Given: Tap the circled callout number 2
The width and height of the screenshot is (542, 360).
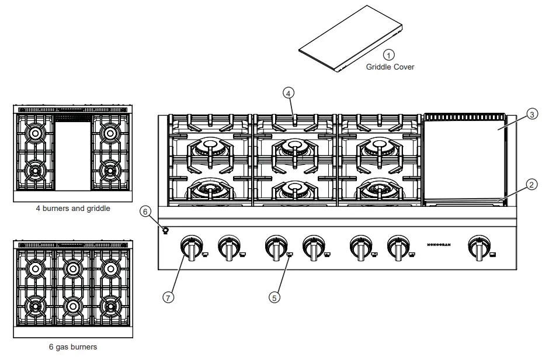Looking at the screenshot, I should [531, 185].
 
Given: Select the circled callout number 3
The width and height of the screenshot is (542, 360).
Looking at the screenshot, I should [531, 115].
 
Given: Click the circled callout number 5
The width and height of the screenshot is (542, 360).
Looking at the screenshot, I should [274, 297].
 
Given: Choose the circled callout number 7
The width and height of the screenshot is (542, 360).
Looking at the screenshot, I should [168, 297].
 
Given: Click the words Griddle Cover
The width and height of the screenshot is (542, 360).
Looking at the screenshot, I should [390, 67].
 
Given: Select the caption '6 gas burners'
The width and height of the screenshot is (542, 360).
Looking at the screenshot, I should [73, 347].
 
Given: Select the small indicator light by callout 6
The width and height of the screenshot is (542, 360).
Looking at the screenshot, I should [165, 230].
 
